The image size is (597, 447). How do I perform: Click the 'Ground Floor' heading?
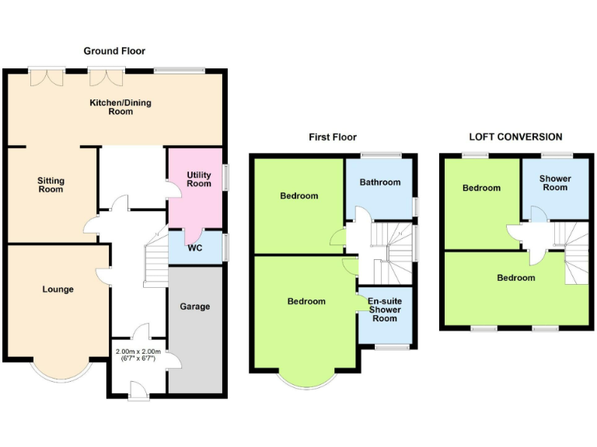pyautogui.click(x=114, y=50)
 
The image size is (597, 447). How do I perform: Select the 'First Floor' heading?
pyautogui.click(x=333, y=137)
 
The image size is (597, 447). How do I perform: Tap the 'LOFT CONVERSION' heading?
pyautogui.click(x=515, y=137)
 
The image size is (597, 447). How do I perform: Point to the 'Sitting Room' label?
pyautogui.click(x=51, y=185)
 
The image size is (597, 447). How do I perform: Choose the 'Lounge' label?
pyautogui.click(x=58, y=289)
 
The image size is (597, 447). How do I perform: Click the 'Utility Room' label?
pyautogui.click(x=199, y=179)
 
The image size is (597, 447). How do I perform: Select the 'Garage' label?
pyautogui.click(x=195, y=307)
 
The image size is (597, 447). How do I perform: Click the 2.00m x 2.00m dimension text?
pyautogui.click(x=138, y=355)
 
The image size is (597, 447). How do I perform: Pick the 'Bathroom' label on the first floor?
pyautogui.click(x=380, y=182)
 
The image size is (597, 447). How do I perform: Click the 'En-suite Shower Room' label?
pyautogui.click(x=384, y=310)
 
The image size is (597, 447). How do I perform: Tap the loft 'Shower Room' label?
pyautogui.click(x=555, y=183)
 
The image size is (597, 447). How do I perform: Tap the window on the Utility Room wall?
pyautogui.click(x=226, y=177)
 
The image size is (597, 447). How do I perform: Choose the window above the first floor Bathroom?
pyautogui.click(x=380, y=154)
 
